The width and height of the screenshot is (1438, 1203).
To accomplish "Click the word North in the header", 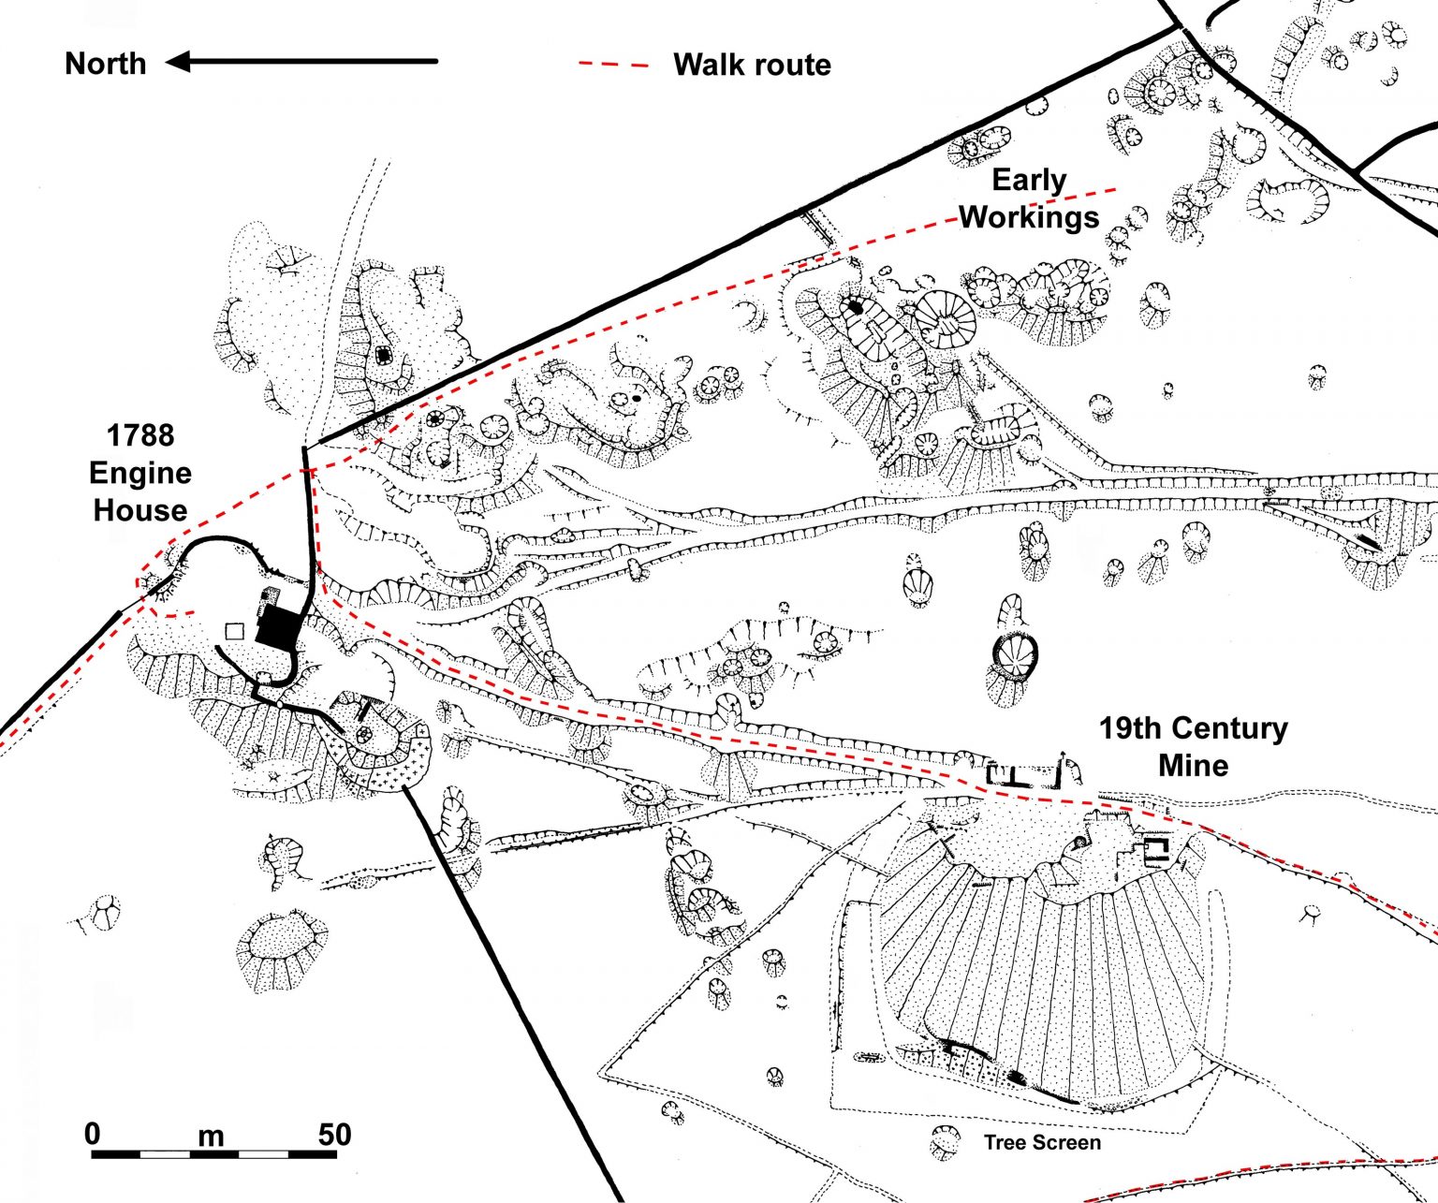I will [x=105, y=64].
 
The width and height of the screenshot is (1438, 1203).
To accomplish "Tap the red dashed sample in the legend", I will [x=613, y=65].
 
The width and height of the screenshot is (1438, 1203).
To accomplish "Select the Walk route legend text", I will [x=752, y=65].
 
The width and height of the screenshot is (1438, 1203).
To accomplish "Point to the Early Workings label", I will [x=1028, y=198].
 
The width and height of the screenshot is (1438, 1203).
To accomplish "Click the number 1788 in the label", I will [x=140, y=435].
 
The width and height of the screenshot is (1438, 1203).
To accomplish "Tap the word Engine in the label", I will [x=140, y=473].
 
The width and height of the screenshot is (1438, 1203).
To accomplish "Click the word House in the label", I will [x=140, y=510].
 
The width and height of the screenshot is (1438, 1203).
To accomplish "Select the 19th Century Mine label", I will [x=1193, y=746].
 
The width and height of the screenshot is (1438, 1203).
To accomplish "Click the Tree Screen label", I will [x=1042, y=1142].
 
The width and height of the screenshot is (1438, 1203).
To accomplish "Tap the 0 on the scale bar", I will [x=92, y=1134].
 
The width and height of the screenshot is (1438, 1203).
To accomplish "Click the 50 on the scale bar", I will [x=334, y=1134].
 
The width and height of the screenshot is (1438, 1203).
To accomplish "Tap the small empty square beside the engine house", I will [x=235, y=631].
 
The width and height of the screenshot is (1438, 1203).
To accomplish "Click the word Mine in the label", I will [x=1193, y=765].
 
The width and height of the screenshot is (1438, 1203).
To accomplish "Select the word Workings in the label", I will [x=1028, y=217].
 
